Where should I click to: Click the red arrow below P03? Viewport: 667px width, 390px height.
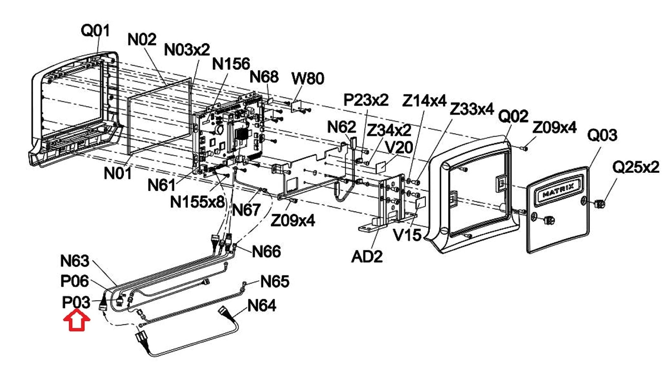[77, 320]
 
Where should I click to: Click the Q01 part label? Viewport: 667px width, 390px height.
[95, 31]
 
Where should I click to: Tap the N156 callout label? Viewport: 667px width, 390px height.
[231, 64]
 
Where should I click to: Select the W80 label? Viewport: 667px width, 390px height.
[308, 78]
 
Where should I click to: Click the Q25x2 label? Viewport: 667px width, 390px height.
[636, 167]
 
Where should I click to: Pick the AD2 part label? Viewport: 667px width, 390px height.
[367, 257]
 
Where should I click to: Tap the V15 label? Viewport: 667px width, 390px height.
[407, 235]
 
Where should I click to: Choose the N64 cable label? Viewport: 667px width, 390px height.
[262, 305]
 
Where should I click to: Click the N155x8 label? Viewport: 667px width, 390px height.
[197, 202]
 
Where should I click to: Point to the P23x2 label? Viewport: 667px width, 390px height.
[366, 100]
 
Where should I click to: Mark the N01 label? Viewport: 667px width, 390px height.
[118, 173]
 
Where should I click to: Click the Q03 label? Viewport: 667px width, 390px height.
[602, 135]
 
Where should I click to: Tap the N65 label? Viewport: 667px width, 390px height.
[275, 281]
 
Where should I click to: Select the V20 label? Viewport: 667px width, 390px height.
[399, 148]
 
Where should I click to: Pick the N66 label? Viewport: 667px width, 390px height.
[266, 251]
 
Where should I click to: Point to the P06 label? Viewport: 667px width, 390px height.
[75, 281]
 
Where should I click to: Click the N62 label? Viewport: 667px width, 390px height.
[342, 127]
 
